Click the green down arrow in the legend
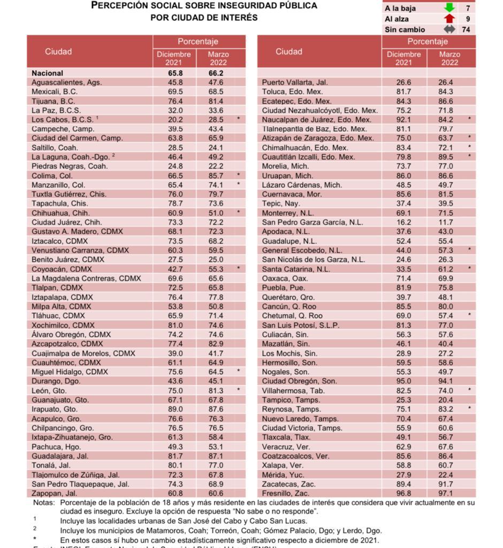click(x=449, y=8)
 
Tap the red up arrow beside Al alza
click(x=449, y=19)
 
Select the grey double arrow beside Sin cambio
click(x=449, y=29)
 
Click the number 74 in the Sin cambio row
click(x=466, y=29)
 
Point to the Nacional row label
click(x=47, y=73)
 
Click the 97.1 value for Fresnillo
click(x=445, y=493)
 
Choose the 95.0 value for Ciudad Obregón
click(x=403, y=381)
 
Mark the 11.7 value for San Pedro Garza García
click(x=445, y=222)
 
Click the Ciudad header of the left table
click(x=58, y=51)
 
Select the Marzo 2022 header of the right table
click(x=449, y=58)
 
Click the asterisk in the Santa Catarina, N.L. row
click(x=469, y=269)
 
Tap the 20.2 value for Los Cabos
click(x=174, y=119)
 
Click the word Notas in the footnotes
click(x=43, y=503)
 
